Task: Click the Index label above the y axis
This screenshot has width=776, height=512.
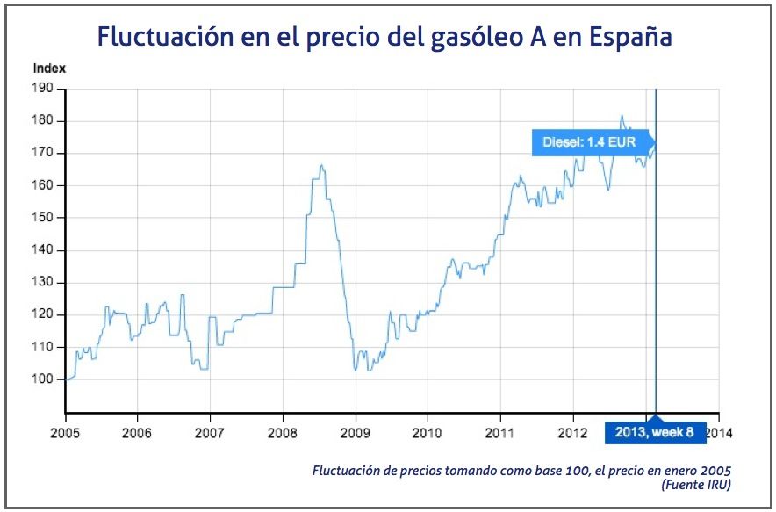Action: tap(49, 68)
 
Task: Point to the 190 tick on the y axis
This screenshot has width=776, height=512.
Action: tap(44, 89)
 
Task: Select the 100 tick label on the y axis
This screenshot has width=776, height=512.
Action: tap(44, 379)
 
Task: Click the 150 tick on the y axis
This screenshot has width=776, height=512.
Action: tap(44, 218)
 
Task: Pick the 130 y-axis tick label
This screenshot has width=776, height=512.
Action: tap(44, 283)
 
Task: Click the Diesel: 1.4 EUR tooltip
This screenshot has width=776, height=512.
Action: tap(590, 142)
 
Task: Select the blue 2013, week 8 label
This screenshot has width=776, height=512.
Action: tap(655, 433)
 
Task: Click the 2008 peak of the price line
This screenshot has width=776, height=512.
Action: tap(321, 165)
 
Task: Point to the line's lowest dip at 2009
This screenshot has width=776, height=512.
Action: tap(356, 371)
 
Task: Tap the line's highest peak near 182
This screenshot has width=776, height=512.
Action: tap(622, 115)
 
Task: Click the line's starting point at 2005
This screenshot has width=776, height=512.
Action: tap(66, 379)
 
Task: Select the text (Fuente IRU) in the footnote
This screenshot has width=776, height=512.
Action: tap(698, 484)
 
